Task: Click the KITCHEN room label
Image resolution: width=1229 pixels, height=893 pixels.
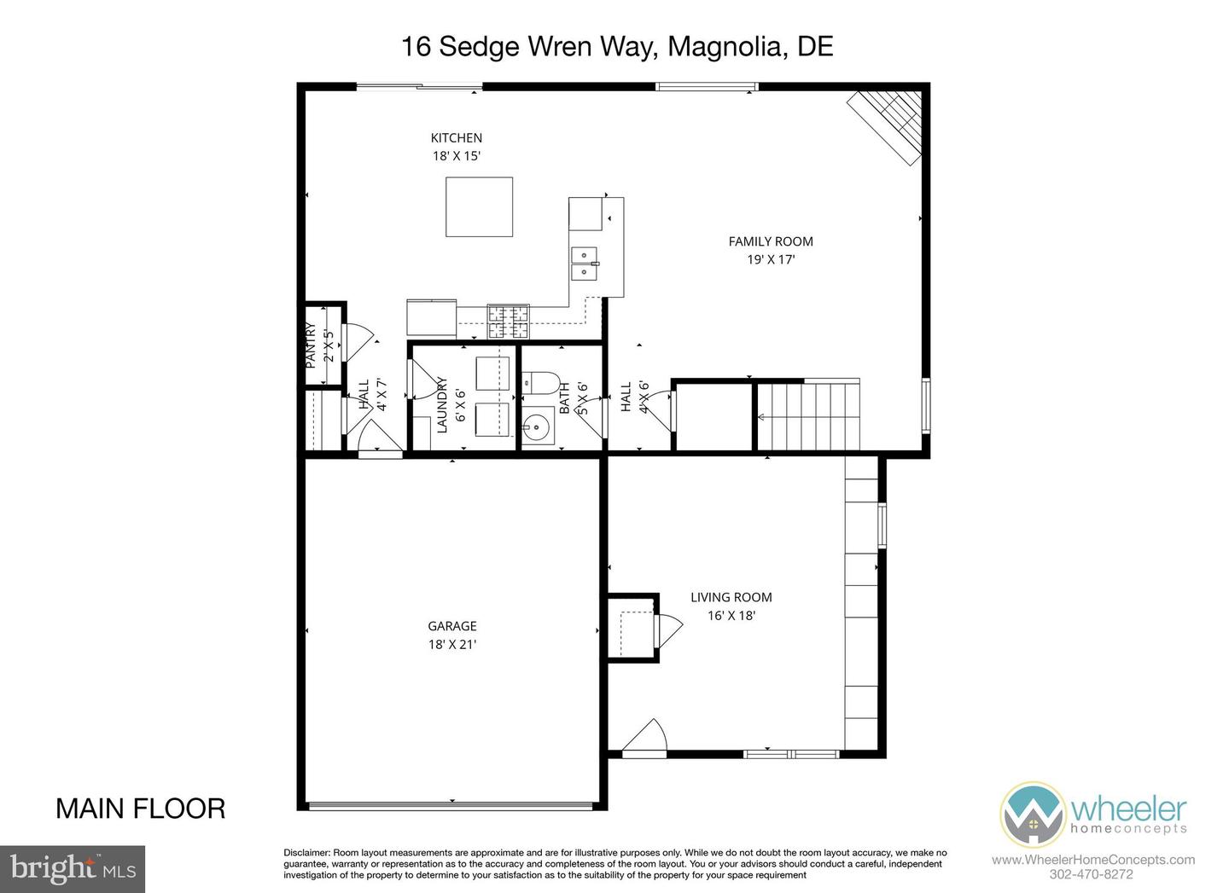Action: tap(456, 137)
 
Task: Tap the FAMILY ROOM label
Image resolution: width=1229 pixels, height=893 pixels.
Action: tap(771, 241)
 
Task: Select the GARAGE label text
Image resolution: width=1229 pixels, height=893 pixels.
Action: tap(452, 625)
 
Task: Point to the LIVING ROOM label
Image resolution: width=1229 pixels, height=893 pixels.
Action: tap(731, 597)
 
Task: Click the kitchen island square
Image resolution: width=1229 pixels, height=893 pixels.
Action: tap(479, 206)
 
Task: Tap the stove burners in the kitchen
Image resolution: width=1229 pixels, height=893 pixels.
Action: tap(508, 322)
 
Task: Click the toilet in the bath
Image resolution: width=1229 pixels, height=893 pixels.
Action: tap(540, 383)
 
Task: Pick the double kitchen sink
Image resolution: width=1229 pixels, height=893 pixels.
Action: tap(585, 264)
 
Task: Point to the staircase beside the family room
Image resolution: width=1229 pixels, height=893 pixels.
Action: tap(808, 415)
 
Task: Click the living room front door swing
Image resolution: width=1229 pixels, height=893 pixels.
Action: tap(644, 736)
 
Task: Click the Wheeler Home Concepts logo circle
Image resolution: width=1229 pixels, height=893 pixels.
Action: tap(1032, 814)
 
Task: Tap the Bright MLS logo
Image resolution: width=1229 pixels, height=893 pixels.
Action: tap(73, 869)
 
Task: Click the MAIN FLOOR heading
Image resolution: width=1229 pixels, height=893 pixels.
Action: tap(141, 809)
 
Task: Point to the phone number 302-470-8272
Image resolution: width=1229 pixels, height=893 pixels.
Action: tap(1092, 875)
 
